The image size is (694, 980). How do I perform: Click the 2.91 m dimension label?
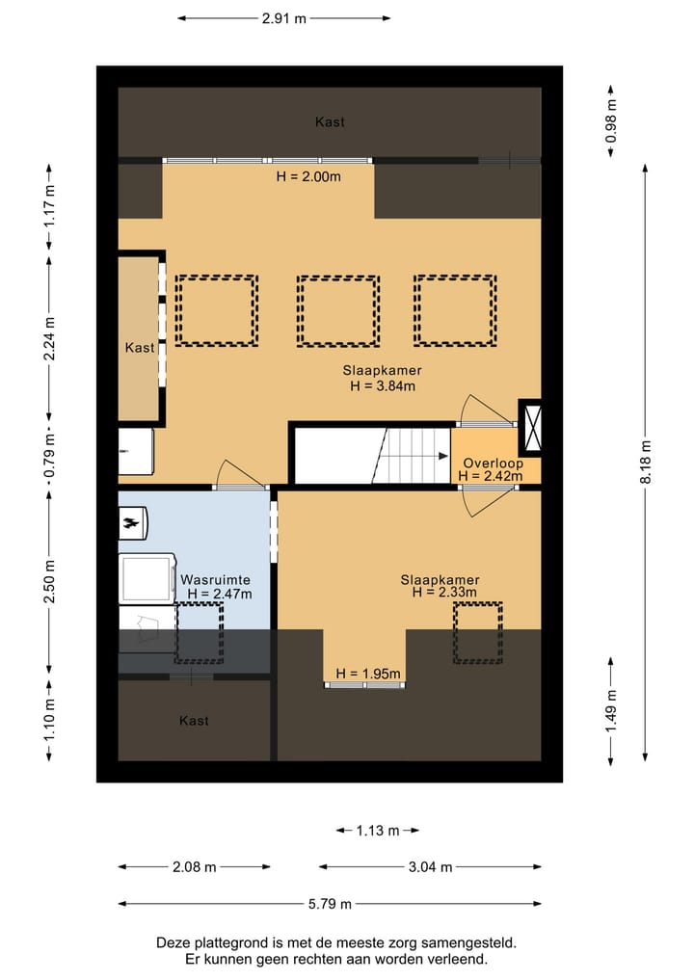pyautogui.click(x=284, y=18)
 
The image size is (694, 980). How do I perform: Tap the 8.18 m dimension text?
pyautogui.click(x=646, y=462)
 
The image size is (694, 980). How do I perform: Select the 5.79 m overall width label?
pyautogui.click(x=330, y=904)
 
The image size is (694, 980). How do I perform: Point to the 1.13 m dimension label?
pyautogui.click(x=378, y=831)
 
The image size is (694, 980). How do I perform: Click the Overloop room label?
pyautogui.click(x=494, y=464)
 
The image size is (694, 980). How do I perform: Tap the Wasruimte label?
pyautogui.click(x=215, y=580)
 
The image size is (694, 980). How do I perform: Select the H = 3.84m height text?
pyautogui.click(x=383, y=385)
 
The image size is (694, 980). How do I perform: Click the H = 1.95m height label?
pyautogui.click(x=368, y=674)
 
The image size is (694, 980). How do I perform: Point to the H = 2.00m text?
pyautogui.click(x=308, y=177)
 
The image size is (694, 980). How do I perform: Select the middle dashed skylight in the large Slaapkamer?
pyautogui.click(x=338, y=310)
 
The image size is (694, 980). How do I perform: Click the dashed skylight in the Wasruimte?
pyautogui.click(x=200, y=632)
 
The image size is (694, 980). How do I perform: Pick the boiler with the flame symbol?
pyautogui.click(x=133, y=523)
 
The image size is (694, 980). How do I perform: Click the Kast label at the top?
pyautogui.click(x=330, y=121)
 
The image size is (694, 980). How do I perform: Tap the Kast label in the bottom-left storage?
pyautogui.click(x=194, y=721)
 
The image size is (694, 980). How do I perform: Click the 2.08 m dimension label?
pyautogui.click(x=195, y=867)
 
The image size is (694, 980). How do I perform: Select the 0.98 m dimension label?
pyautogui.click(x=611, y=121)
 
